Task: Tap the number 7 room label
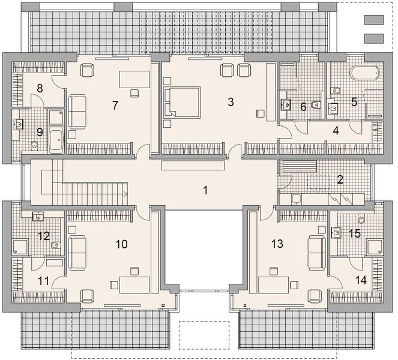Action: [x=115, y=105]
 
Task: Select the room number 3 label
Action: [x=230, y=101]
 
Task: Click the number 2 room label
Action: [x=340, y=179]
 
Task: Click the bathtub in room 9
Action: [x=57, y=140]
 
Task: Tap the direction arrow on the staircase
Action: [x=125, y=194]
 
